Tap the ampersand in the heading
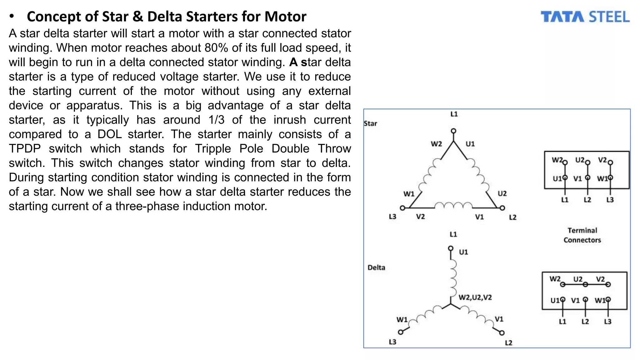click(x=137, y=17)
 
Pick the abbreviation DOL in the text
click(x=109, y=134)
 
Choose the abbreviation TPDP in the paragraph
click(x=25, y=148)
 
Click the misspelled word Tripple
click(x=213, y=148)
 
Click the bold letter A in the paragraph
click(x=293, y=62)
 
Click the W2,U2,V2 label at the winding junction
click(x=475, y=297)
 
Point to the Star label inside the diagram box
click(x=370, y=123)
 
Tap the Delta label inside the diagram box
click(x=376, y=267)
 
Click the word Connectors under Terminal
click(x=582, y=240)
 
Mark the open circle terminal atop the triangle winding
click(x=453, y=131)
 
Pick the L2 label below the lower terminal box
click(x=585, y=322)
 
